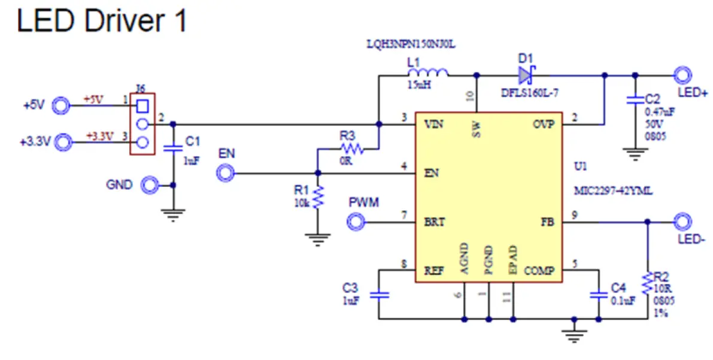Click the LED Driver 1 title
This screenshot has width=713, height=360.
point(102,22)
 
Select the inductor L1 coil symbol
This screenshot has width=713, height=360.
point(427,74)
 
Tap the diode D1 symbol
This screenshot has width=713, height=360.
point(526,75)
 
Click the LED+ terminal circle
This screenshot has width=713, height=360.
point(681,75)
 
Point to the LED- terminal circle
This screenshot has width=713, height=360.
point(681,222)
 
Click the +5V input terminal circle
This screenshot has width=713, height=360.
point(60,106)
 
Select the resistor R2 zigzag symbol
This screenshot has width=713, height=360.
point(647,283)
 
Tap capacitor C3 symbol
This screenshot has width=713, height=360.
point(379,294)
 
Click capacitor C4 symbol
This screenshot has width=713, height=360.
point(597,294)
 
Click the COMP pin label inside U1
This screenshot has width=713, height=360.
point(539,270)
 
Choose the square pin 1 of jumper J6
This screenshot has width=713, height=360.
point(142,107)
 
